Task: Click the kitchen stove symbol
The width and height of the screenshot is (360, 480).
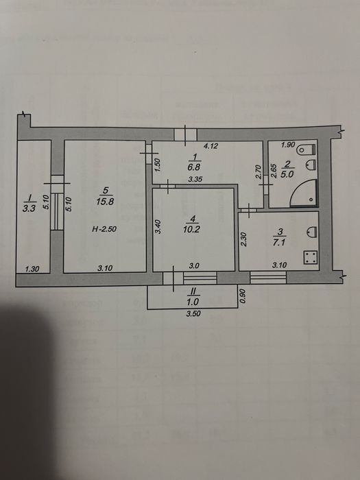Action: click(310, 258)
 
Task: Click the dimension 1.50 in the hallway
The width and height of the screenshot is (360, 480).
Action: click(157, 165)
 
